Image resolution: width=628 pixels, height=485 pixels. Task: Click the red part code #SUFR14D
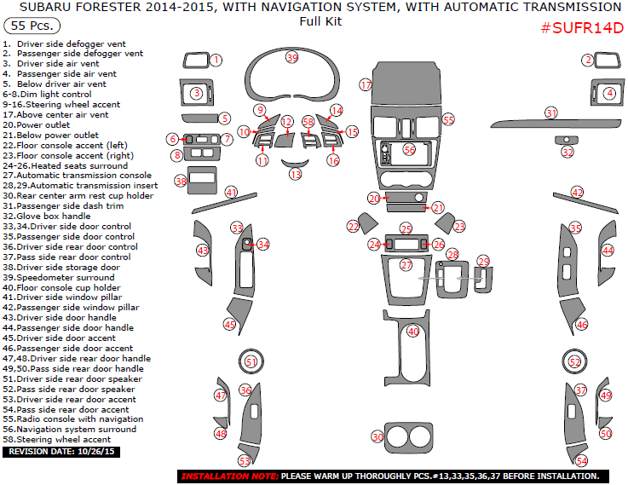coord(582,28)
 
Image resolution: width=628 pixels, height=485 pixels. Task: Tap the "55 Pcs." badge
coord(30,26)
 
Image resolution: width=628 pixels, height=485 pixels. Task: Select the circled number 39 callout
coord(292,57)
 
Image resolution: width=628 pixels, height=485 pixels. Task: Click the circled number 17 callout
coord(366,85)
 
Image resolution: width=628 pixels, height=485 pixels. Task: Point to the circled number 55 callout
coord(448,120)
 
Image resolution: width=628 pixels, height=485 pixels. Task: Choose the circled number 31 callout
coord(551,113)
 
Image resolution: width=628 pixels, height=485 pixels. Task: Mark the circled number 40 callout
coord(413,331)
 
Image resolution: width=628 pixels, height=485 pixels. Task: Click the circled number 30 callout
coord(377,437)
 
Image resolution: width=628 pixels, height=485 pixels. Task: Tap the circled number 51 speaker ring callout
coord(251,361)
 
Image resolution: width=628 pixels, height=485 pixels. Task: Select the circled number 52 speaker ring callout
coord(574,361)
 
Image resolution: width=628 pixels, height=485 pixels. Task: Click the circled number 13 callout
coord(295,174)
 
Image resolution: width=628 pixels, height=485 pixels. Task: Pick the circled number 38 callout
coord(181,181)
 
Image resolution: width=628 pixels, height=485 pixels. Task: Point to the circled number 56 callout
coord(410,149)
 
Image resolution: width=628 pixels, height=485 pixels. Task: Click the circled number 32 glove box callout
coord(568,153)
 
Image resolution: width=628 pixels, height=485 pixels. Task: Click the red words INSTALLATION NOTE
coord(229,476)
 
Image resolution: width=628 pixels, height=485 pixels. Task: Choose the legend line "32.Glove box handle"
coord(47,217)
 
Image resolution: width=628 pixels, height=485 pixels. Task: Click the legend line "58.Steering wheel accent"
coord(57,440)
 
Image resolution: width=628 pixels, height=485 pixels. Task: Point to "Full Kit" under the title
coord(320,21)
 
